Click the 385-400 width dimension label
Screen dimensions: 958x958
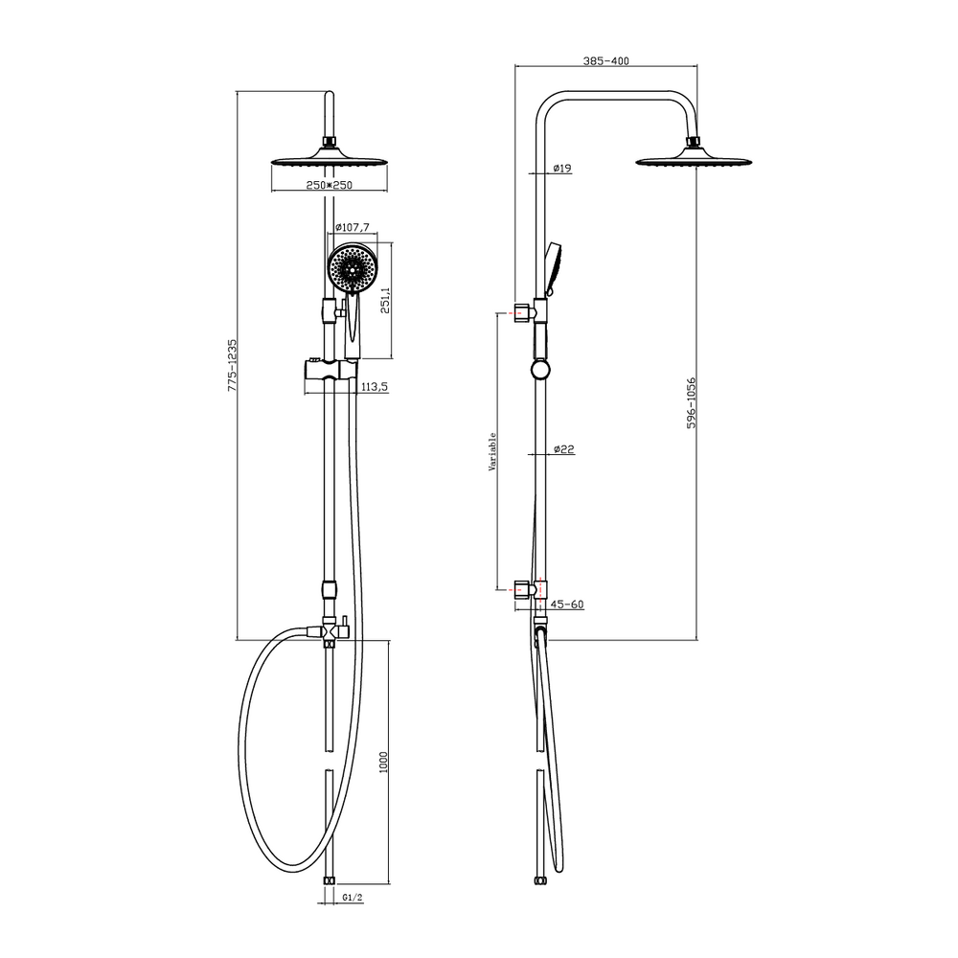605,60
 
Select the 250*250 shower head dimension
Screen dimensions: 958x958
330,185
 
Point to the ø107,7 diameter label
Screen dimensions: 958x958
353,227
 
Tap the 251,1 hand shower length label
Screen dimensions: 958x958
385,300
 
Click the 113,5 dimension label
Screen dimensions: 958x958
375,387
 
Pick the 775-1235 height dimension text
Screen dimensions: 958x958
232,365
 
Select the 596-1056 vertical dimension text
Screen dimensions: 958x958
691,402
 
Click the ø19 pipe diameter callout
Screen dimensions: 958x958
562,168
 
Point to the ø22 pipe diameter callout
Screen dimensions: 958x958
564,449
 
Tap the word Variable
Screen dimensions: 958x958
491,451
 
